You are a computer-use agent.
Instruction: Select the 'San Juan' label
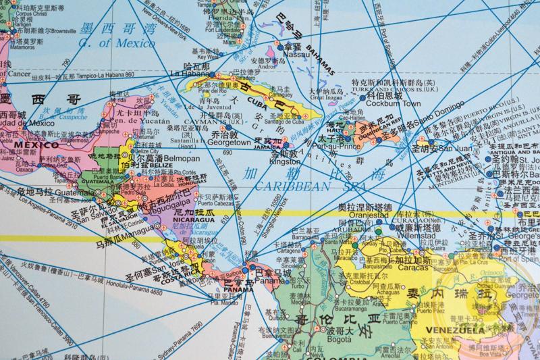(452, 148)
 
